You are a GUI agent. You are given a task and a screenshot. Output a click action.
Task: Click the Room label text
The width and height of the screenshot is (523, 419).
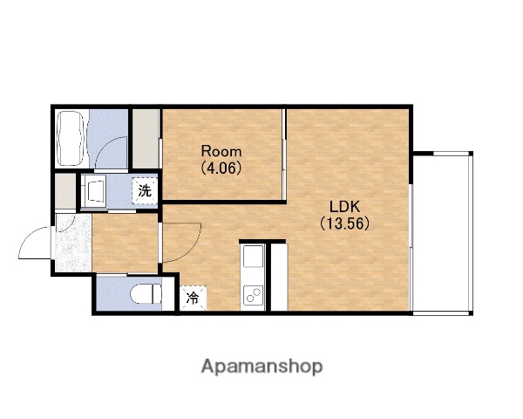click(221, 152)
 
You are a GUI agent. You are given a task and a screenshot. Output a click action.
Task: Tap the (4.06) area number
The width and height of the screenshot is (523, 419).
click(221, 168)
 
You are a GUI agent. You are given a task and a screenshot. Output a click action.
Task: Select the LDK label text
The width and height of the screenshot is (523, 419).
click(344, 207)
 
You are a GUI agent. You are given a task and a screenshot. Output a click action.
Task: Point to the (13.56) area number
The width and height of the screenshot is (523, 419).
click(344, 223)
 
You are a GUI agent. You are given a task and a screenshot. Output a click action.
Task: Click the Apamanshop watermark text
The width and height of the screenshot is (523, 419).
click(261, 367)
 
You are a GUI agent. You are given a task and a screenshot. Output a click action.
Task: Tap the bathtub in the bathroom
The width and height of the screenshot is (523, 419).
click(70, 139)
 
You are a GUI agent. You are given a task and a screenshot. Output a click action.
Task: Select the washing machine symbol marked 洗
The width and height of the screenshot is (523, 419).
click(145, 191)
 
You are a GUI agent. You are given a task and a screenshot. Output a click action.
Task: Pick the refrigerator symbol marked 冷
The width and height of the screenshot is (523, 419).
click(194, 298)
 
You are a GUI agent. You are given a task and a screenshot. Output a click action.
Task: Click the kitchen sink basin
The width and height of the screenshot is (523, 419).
click(253, 257)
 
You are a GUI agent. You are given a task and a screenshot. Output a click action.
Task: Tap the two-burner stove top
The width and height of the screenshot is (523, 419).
click(253, 295)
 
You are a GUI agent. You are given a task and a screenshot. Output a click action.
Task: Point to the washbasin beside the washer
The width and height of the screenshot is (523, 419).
click(94, 192)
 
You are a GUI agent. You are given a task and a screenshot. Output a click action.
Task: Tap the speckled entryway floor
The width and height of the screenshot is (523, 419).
click(73, 243)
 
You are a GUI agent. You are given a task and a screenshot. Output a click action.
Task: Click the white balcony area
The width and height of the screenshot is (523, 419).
click(441, 234)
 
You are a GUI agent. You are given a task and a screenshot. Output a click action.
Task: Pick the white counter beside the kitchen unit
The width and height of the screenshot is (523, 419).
click(279, 278)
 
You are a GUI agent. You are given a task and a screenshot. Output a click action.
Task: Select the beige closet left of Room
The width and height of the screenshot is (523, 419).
click(146, 139)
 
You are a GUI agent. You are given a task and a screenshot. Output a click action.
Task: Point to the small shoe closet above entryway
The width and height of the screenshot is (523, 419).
click(65, 191)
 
